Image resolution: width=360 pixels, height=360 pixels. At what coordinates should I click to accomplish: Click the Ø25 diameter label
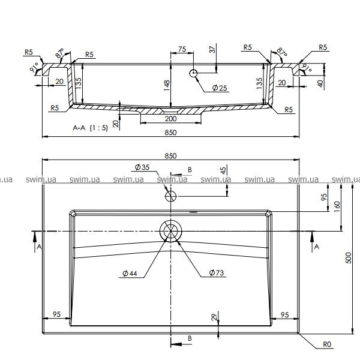tap(220, 88)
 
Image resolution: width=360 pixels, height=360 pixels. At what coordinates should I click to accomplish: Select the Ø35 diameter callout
tap(142, 167)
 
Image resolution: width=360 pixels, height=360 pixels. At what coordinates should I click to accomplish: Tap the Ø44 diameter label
tap(130, 274)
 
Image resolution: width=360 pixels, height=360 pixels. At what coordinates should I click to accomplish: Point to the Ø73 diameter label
tap(216, 272)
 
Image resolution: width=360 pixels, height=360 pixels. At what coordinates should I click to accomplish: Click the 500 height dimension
tap(348, 258)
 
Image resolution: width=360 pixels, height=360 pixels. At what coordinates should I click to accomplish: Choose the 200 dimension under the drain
tap(171, 119)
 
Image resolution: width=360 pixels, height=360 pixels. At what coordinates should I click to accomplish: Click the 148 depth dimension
tap(167, 85)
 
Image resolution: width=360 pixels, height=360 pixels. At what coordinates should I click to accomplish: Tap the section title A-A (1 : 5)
tap(90, 128)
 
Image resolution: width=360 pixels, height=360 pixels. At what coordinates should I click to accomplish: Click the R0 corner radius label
tap(327, 344)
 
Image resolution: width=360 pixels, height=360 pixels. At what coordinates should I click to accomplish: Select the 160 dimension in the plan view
tap(337, 206)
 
